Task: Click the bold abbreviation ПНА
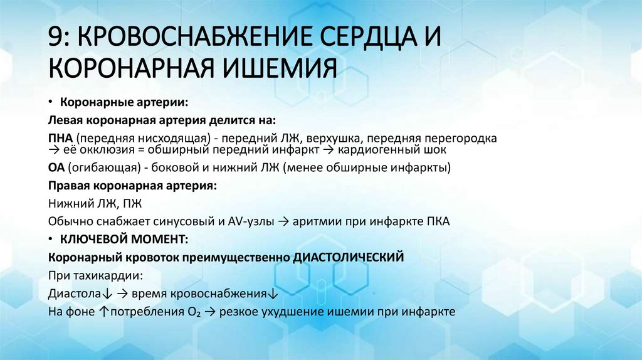point(60,137)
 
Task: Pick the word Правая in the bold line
point(69,186)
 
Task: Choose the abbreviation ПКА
point(437,221)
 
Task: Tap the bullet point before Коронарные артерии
point(51,102)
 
